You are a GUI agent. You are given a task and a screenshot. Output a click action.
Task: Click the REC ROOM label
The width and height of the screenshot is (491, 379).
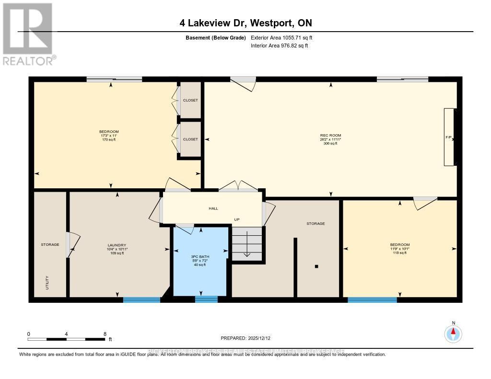tap(331, 136)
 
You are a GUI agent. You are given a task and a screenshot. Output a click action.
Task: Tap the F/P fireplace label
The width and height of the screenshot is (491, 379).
tap(448, 138)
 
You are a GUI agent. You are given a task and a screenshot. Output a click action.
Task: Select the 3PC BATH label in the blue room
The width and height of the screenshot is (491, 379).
tap(200, 256)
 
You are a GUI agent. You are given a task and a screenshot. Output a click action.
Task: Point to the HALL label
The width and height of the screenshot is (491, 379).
tap(213, 208)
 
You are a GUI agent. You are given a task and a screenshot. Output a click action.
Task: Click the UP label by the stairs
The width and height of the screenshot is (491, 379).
tap(236, 220)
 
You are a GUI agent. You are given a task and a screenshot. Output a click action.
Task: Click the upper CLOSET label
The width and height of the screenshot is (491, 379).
tap(190, 100)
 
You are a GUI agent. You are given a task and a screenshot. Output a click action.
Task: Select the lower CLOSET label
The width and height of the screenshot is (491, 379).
tap(190, 139)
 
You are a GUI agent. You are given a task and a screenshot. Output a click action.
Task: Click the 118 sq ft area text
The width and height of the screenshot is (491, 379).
tap(399, 253)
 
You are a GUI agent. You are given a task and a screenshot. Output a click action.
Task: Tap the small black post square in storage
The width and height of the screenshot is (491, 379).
tap(316, 266)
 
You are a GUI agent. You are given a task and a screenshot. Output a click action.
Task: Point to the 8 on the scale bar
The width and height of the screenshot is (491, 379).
tap(105, 333)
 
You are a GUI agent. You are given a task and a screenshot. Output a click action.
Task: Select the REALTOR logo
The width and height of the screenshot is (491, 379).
tap(29, 34)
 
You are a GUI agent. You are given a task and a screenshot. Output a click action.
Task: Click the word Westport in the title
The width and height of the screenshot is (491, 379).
tap(269, 23)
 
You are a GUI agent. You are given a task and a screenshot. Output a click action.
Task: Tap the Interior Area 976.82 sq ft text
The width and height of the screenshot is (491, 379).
tap(279, 46)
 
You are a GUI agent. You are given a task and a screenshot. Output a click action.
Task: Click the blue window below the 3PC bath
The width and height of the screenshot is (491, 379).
tap(206, 299)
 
